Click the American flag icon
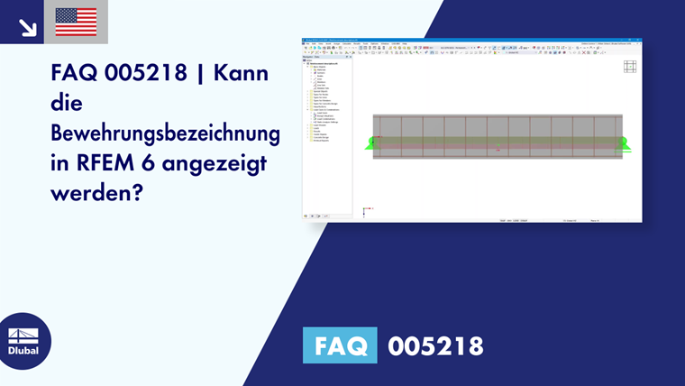click(x=76, y=22)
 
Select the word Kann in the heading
click(x=244, y=74)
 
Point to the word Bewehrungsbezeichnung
click(x=165, y=135)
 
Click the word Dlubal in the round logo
click(x=23, y=351)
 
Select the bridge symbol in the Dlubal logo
click(x=23, y=335)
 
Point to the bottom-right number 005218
click(x=436, y=345)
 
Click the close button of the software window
click(x=638, y=40)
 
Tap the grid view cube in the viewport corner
click(x=630, y=66)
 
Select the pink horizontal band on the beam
click(x=498, y=142)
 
